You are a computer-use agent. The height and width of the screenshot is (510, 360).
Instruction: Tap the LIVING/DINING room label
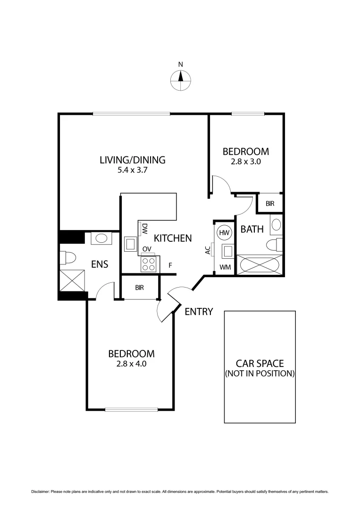(x=132, y=160)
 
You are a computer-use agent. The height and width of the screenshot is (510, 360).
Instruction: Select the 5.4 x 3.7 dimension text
(x=133, y=171)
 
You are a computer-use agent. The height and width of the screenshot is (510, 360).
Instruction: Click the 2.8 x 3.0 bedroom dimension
(x=245, y=161)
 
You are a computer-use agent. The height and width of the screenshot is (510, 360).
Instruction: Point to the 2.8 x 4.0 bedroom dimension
(x=131, y=364)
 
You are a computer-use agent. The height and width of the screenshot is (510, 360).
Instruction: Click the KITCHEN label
(x=173, y=238)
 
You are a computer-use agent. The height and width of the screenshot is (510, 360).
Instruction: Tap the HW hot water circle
(x=224, y=232)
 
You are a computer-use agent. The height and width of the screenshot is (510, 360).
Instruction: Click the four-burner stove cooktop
(x=149, y=263)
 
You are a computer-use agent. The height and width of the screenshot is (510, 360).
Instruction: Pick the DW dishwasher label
(x=145, y=229)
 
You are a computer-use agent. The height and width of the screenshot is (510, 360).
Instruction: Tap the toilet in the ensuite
(x=68, y=258)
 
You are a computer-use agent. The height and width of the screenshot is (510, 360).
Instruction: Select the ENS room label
(x=99, y=264)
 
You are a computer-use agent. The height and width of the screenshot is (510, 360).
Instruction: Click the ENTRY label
(x=199, y=312)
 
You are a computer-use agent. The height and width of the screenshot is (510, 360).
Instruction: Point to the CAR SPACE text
(x=260, y=363)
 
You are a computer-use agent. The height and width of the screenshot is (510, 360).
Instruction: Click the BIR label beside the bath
(x=270, y=204)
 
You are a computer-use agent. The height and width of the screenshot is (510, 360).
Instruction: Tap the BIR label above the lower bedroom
(x=139, y=287)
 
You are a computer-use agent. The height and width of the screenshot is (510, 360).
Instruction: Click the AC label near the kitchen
(x=208, y=250)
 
